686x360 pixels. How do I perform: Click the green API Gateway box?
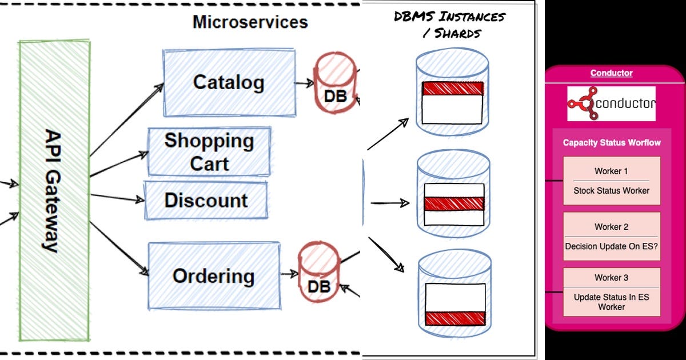54,189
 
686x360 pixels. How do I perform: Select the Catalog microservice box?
229,83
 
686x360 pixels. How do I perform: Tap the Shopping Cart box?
209,151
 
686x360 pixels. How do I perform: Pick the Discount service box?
206,200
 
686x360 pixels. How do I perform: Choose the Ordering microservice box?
214,276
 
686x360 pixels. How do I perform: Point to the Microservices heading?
250,22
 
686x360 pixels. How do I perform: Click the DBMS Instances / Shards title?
449,24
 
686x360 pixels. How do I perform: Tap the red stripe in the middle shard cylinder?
454,204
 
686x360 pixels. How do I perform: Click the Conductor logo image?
611,103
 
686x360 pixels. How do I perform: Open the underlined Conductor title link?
611,73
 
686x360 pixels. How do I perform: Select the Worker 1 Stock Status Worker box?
611,181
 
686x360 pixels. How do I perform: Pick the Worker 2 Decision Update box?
611,236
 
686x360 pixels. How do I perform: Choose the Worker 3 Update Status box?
611,292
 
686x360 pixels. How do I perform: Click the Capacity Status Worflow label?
611,142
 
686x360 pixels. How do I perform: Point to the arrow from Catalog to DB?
304,83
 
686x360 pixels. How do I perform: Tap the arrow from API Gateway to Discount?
117,197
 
